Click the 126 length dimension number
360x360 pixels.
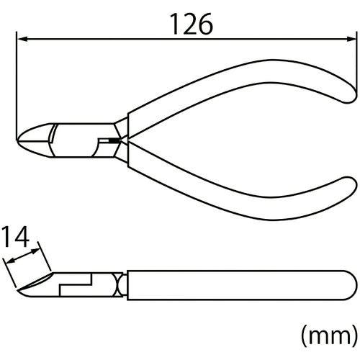(192, 24)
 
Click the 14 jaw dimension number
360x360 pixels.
(16, 237)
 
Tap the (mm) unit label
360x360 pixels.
(330, 336)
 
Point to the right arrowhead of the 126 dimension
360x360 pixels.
(350, 39)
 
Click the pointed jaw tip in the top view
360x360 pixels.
(17, 140)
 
